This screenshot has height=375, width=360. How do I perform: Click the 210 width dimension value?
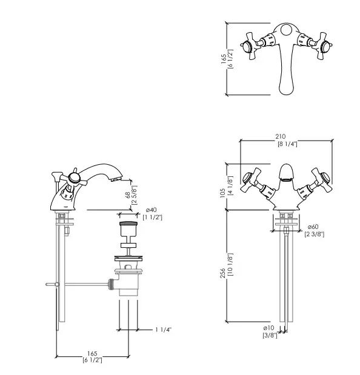(x=281, y=136)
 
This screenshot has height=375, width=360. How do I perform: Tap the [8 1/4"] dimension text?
(x=287, y=144)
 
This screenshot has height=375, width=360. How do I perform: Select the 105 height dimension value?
(x=222, y=193)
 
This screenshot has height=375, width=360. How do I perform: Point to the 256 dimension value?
(x=222, y=273)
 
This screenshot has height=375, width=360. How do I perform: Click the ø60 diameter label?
(x=313, y=227)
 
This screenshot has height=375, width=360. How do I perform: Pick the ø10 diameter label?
(x=268, y=328)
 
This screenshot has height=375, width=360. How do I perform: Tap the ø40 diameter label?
(x=151, y=210)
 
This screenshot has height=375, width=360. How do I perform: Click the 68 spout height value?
(x=128, y=195)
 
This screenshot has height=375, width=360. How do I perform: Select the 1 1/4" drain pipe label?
(x=164, y=330)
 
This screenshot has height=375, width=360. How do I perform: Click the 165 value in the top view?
(x=224, y=59)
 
